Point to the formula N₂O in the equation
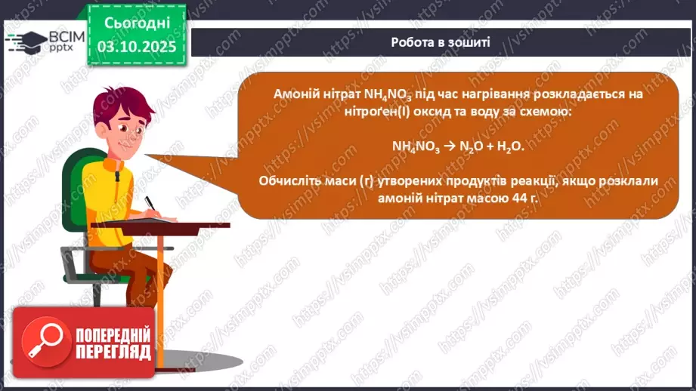pyautogui.click(x=471, y=146)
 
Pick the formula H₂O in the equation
pyautogui.click(x=512, y=146)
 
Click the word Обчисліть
pyautogui.click(x=287, y=181)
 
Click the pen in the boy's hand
pyautogui.click(x=151, y=204)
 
